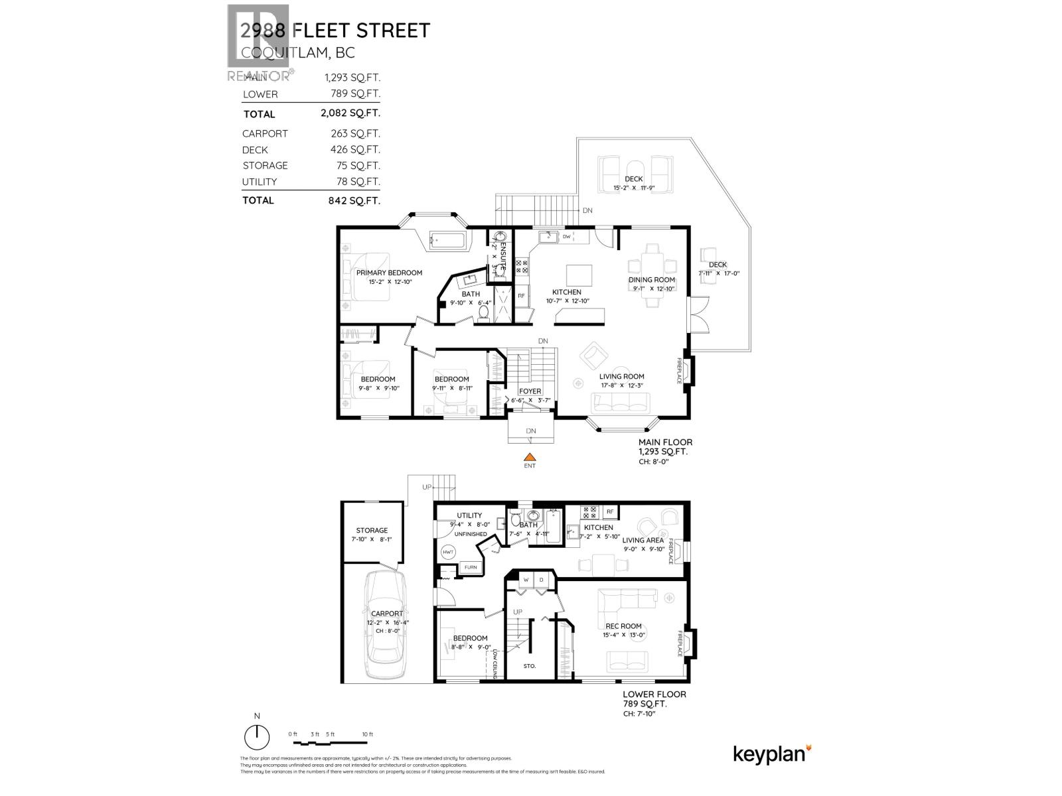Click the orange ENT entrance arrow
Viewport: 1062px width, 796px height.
pos(529,456)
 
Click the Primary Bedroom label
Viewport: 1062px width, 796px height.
pos(389,273)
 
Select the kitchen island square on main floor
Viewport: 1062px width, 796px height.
pos(579,275)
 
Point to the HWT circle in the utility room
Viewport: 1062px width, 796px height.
pos(447,552)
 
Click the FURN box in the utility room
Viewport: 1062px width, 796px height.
pos(470,567)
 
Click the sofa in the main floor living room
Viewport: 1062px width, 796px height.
pos(621,401)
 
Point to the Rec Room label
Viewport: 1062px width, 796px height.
pos(623,626)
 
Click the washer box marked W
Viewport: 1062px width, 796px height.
pos(526,580)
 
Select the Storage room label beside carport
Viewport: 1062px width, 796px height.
pos(372,530)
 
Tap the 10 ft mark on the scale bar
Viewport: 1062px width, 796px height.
pos(367,734)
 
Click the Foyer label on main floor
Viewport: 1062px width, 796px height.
pos(530,391)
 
